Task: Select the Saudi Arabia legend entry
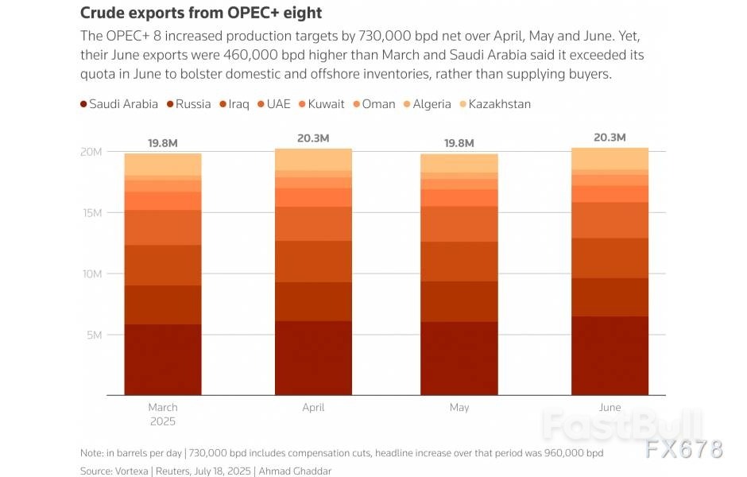tap(119, 104)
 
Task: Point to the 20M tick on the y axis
tap(93, 152)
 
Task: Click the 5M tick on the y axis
tap(95, 335)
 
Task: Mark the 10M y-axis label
tap(93, 273)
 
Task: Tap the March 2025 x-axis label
tap(162, 413)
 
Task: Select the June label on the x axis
tap(610, 407)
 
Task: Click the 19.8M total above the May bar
tap(459, 143)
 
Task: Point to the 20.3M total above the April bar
tap(313, 138)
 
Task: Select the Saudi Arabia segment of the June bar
tap(610, 355)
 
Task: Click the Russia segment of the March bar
tap(162, 304)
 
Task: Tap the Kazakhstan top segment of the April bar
tap(313, 159)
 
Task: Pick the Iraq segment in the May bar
tap(459, 262)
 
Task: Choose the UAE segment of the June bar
tap(610, 220)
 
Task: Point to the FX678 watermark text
tap(683, 449)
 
